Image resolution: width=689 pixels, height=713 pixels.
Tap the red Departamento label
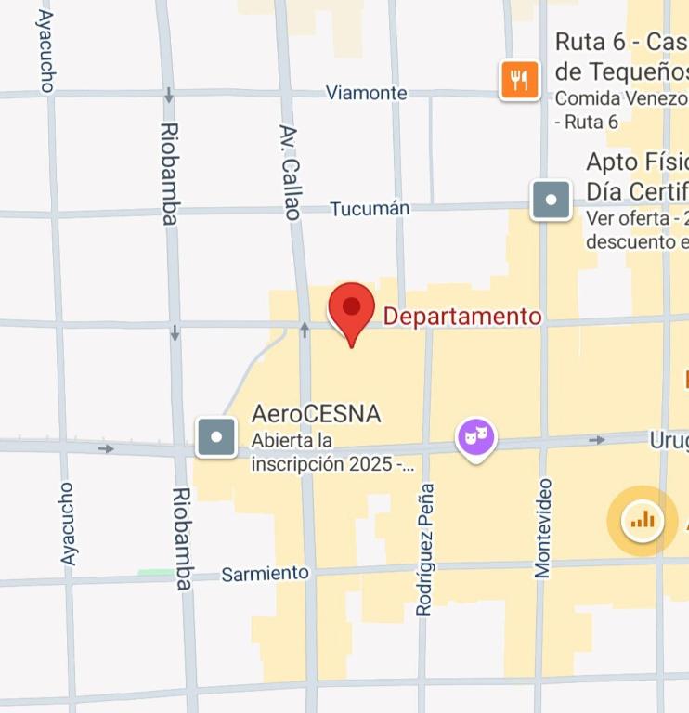(462, 317)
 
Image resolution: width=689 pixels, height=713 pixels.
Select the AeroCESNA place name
(316, 414)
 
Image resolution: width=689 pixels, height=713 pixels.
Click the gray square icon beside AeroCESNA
(216, 437)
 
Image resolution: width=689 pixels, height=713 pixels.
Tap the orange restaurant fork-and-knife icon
(520, 80)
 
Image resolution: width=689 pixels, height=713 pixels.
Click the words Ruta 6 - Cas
(620, 43)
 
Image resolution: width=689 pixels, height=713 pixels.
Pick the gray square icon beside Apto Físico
(552, 200)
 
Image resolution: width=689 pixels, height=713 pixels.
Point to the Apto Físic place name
(636, 162)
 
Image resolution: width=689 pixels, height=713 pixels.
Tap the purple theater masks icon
(475, 436)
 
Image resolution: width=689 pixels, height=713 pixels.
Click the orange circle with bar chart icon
(643, 520)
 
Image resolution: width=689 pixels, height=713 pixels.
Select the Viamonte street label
(366, 93)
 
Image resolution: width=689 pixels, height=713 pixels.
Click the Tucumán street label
(370, 209)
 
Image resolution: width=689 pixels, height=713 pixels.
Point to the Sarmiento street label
(265, 574)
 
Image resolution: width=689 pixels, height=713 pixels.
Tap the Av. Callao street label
(291, 172)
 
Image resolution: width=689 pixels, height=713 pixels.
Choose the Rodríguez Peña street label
(425, 549)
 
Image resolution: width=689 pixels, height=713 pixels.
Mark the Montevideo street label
(543, 528)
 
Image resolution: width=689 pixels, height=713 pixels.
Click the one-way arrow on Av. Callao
(305, 330)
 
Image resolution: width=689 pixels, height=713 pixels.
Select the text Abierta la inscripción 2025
(332, 452)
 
